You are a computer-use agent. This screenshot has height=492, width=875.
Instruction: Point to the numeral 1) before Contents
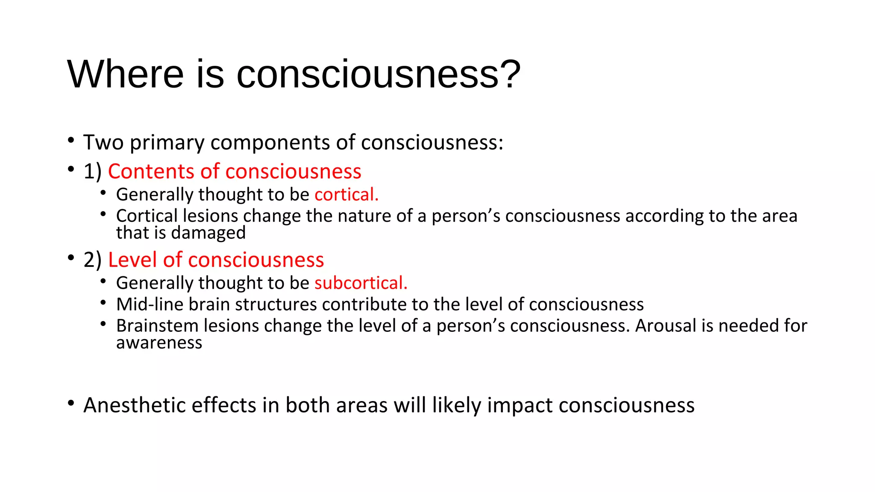click(x=92, y=172)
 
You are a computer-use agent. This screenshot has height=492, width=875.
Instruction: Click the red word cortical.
click(x=346, y=195)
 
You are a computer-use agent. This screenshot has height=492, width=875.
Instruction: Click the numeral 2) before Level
click(x=92, y=260)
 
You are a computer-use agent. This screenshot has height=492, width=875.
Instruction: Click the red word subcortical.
click(x=361, y=283)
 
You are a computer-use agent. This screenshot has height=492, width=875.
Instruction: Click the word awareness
click(x=159, y=343)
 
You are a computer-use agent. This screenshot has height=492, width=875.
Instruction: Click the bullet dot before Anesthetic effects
click(x=71, y=403)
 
